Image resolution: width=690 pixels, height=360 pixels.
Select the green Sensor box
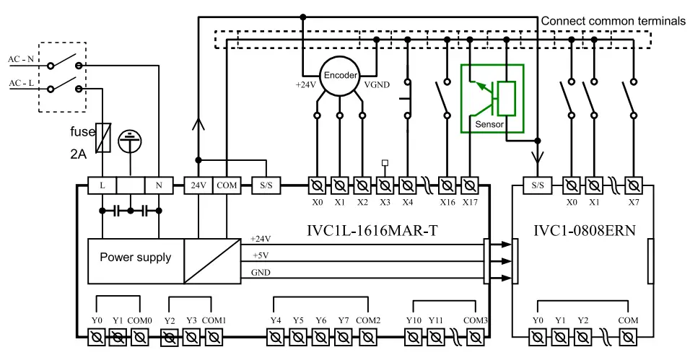492,99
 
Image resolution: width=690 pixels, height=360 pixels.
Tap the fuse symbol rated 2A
104,136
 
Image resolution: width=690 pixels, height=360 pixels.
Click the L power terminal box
102,185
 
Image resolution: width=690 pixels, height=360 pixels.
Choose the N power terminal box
159,185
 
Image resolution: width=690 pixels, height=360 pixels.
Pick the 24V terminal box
198,185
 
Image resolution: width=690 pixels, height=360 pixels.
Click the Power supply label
136,258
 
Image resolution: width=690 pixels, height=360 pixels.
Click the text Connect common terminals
613,21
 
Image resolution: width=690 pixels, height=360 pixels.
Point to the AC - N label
22,60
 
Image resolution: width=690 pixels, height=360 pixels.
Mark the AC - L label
22,84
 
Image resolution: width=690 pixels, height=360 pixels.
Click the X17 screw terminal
470,185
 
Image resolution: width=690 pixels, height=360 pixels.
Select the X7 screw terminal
633,185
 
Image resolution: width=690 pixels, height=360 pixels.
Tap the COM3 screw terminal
475,336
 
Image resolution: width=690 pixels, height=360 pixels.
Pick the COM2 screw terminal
367,336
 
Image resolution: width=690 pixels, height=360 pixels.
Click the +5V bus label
261,255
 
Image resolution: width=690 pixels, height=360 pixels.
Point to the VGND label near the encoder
377,84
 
